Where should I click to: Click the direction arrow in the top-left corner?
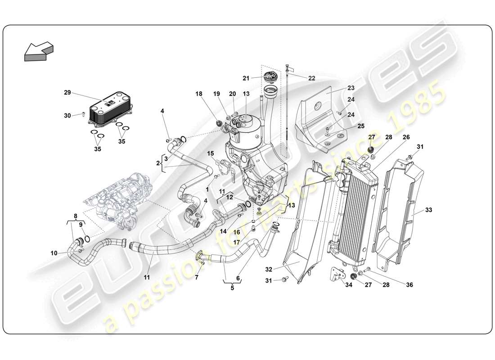[38, 50]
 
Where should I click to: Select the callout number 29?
[67, 92]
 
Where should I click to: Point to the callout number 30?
[67, 115]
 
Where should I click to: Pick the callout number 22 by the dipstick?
[311, 78]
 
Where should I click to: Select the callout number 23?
[351, 89]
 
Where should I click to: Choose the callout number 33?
[428, 210]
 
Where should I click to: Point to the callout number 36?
[409, 284]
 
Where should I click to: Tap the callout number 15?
[211, 153]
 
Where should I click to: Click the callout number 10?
[54, 253]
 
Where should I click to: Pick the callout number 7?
[196, 278]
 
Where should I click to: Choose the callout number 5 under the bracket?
[232, 288]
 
